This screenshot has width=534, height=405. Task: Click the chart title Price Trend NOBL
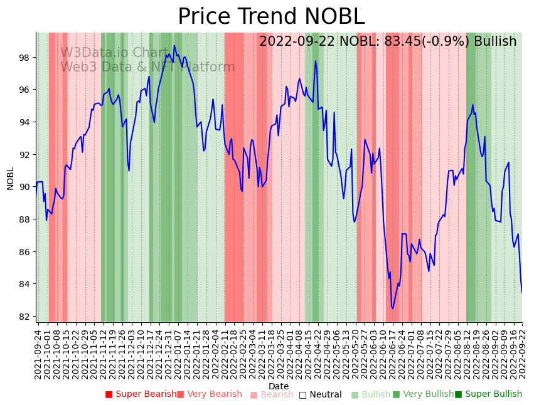(271, 16)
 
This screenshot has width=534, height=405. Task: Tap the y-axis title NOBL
(10, 178)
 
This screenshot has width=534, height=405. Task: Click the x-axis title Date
(279, 386)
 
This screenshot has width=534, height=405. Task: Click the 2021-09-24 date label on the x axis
(38, 354)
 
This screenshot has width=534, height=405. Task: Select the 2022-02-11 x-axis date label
(225, 354)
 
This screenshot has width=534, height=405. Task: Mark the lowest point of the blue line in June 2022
(393, 308)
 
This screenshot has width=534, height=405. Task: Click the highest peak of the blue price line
(174, 45)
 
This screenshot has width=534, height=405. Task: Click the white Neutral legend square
(302, 394)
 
